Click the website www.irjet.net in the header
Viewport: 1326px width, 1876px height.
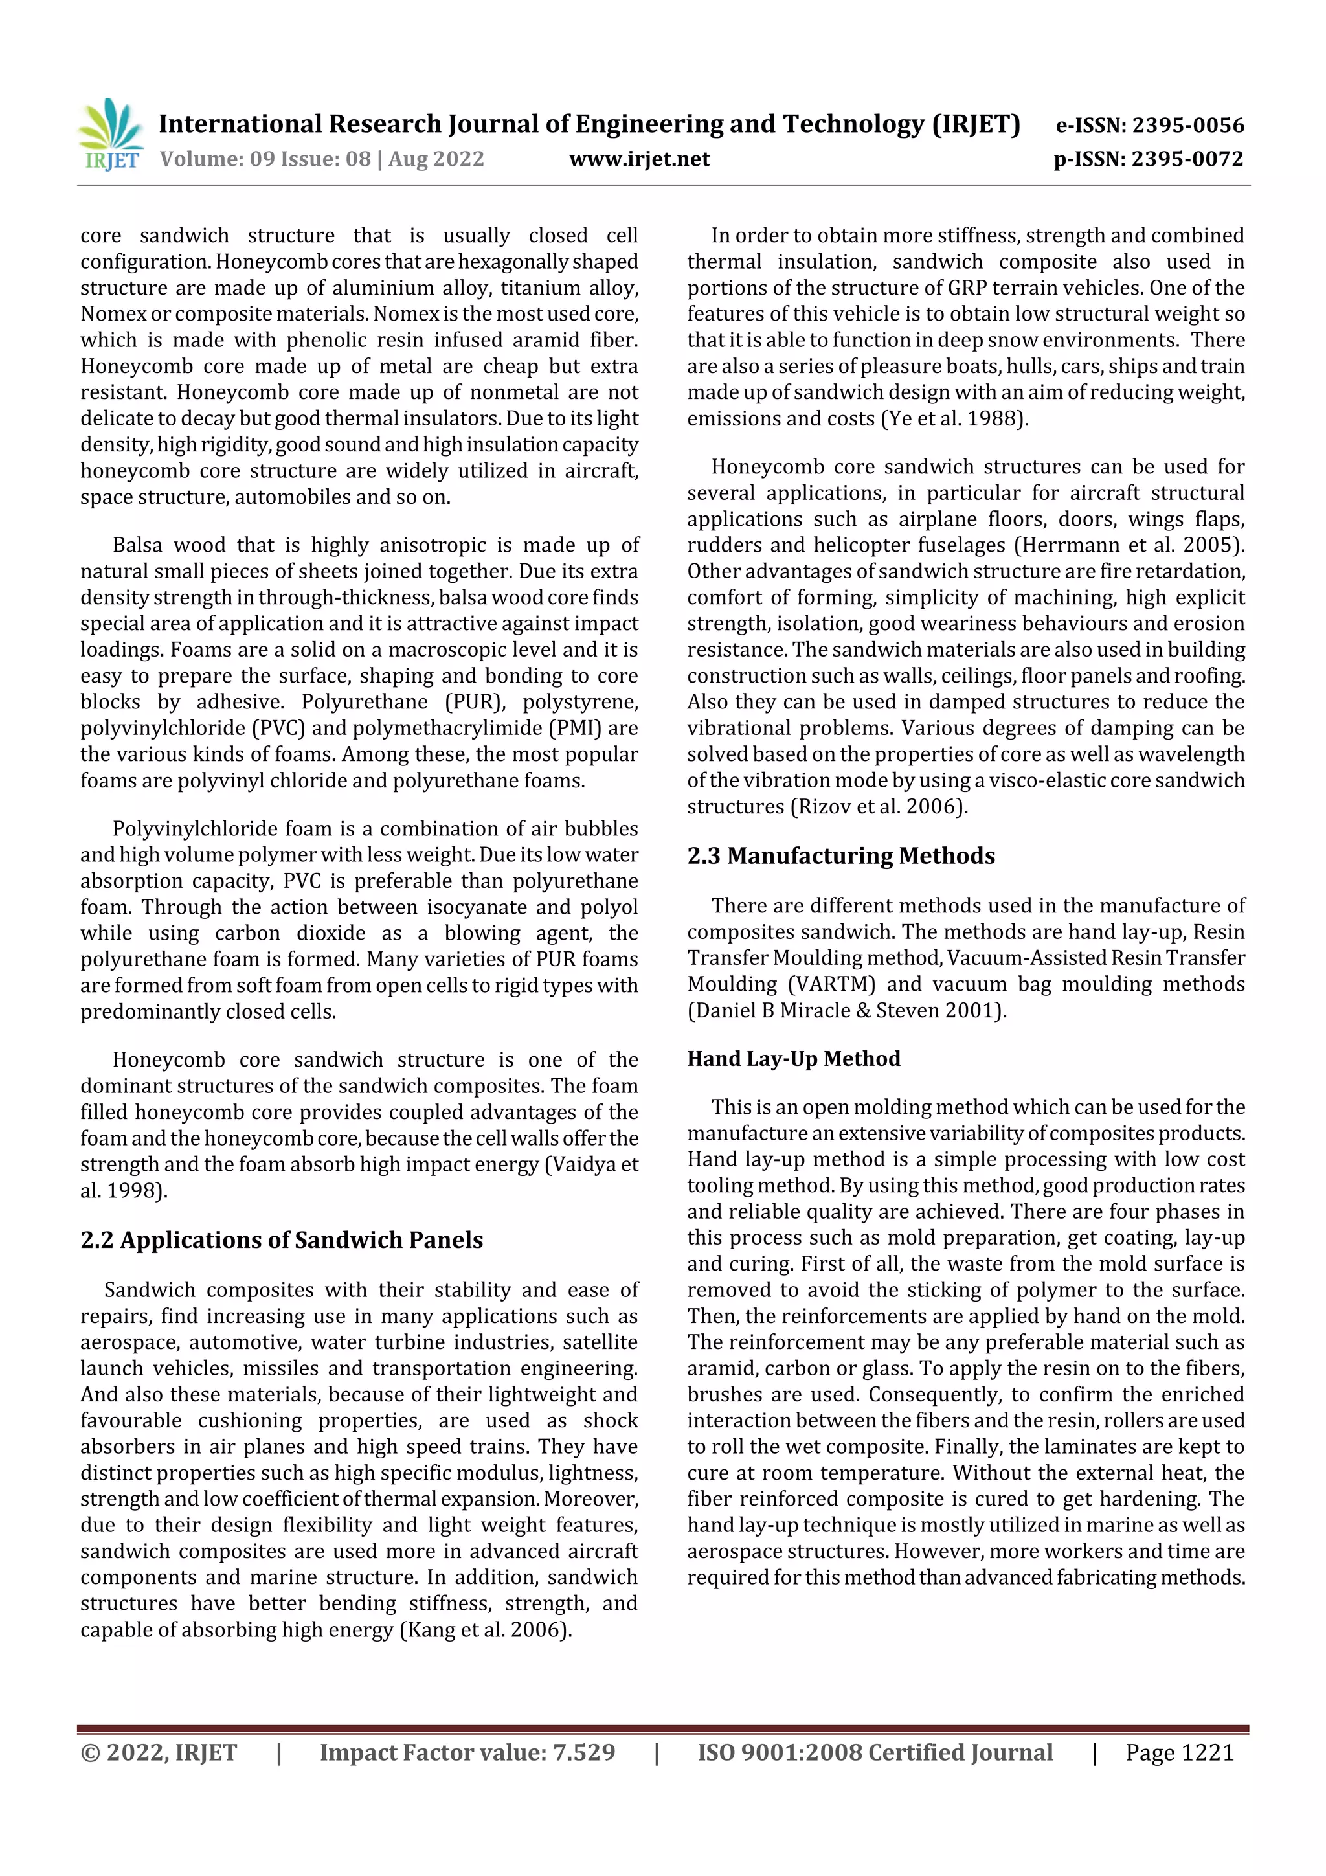click(x=639, y=159)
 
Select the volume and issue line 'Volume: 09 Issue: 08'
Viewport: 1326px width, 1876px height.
click(x=265, y=159)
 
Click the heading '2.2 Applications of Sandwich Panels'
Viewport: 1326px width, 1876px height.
click(x=282, y=1239)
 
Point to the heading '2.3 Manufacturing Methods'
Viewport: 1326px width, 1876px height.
click(x=840, y=855)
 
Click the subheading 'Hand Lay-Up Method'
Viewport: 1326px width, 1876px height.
click(x=793, y=1058)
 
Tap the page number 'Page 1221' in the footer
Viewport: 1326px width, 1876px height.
click(x=1179, y=1752)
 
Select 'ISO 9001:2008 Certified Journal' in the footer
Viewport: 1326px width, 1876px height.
click(x=875, y=1752)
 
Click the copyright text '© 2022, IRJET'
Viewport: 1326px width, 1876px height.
click(x=159, y=1752)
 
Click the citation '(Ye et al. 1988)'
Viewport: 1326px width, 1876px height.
click(x=954, y=418)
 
